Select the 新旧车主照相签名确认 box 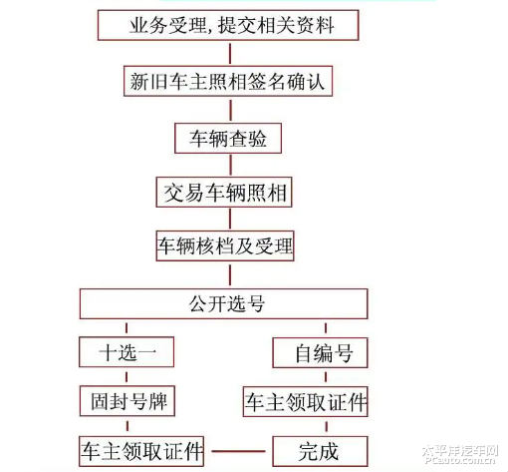click(x=228, y=83)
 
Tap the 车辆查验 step click(x=228, y=138)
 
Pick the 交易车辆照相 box click(x=224, y=193)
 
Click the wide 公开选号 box click(x=224, y=303)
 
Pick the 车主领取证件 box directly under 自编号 click(x=305, y=401)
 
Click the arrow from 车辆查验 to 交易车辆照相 click(x=228, y=165)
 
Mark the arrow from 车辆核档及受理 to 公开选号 click(x=225, y=274)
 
